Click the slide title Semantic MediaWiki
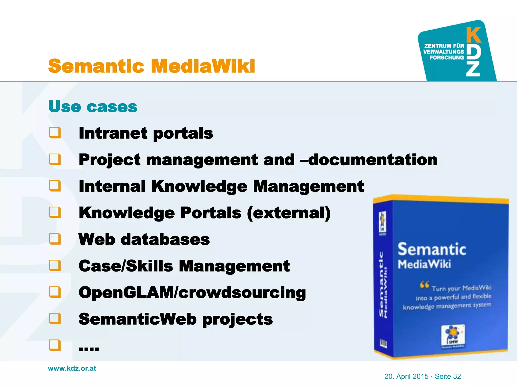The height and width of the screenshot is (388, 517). (x=151, y=66)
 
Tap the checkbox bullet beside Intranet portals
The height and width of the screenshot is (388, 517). (x=55, y=133)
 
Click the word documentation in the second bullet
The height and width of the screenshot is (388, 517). (x=373, y=160)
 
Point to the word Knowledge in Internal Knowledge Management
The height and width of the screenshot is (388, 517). (x=199, y=186)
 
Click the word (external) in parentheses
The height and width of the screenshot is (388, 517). (x=289, y=213)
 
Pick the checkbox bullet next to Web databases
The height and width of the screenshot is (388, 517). (x=55, y=239)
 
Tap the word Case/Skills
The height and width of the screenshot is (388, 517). (x=126, y=266)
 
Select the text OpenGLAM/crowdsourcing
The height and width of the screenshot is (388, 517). (x=192, y=293)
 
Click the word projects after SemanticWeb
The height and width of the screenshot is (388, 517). (x=238, y=319)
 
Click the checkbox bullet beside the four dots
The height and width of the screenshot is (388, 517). (x=55, y=345)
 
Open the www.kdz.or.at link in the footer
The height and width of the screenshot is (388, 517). (x=72, y=368)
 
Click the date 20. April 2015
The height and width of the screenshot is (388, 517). (x=406, y=376)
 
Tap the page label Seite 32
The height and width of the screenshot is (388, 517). (x=448, y=376)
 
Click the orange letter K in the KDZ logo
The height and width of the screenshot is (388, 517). (x=474, y=35)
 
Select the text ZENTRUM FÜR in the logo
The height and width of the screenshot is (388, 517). (x=444, y=46)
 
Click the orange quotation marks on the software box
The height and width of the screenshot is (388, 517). (x=424, y=285)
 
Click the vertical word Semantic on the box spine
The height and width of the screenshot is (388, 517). (x=381, y=284)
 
